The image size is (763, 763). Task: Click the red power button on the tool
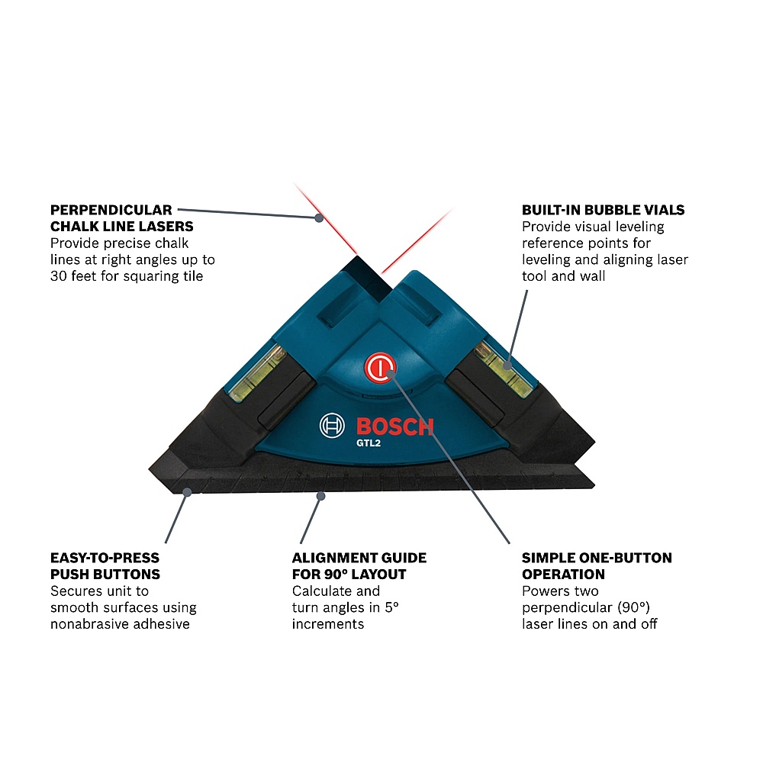(x=379, y=368)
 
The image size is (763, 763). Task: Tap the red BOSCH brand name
(x=394, y=427)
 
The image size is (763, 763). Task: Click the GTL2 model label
(x=369, y=443)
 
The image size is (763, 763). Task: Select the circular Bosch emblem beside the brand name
(x=332, y=425)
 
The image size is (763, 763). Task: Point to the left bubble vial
(x=257, y=372)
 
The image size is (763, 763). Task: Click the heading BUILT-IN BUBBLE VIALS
(x=603, y=210)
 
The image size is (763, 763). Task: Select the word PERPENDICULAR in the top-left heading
(x=111, y=210)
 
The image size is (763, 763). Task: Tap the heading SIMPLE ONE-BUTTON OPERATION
(x=597, y=566)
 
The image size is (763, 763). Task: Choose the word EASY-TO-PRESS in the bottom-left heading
(x=105, y=558)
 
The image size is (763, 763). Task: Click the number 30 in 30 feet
(x=59, y=276)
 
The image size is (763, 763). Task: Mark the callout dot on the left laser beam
(x=319, y=218)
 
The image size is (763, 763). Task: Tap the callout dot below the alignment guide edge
(x=320, y=496)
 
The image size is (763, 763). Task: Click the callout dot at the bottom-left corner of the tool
(x=187, y=492)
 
